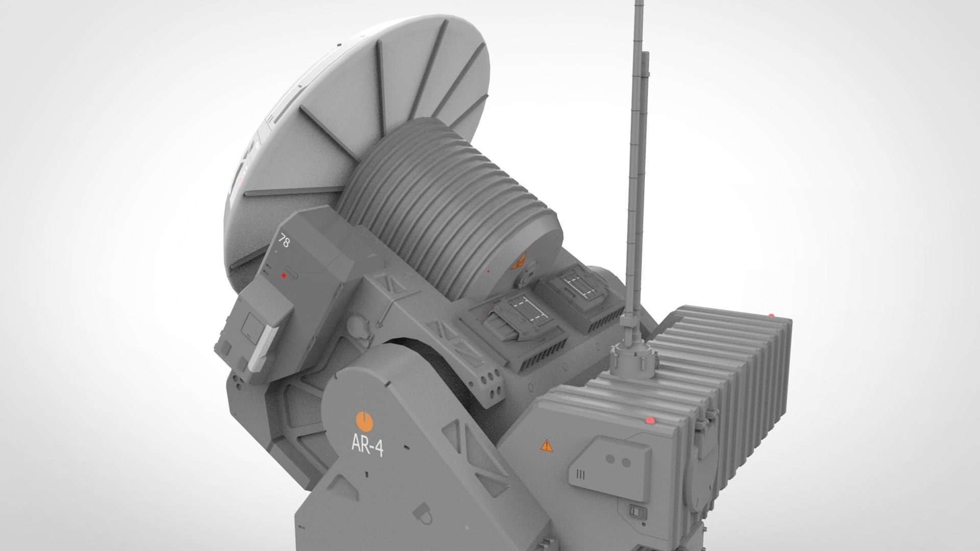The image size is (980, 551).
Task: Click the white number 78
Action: coord(284,241)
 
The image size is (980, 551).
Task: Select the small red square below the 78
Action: coord(284,276)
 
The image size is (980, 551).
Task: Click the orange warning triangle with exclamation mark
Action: coord(547,445)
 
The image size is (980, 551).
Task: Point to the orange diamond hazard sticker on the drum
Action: coord(519,262)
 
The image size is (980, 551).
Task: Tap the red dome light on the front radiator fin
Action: coord(650,420)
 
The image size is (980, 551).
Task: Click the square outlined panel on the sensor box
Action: coord(252,327)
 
